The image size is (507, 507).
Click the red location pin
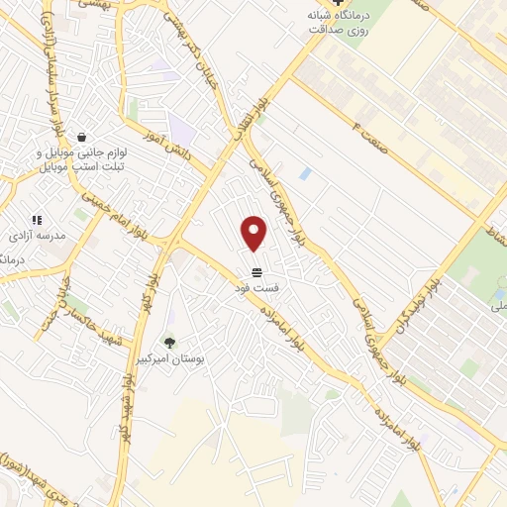pyautogui.click(x=254, y=233)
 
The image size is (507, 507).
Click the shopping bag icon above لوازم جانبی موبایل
pyautogui.click(x=80, y=137)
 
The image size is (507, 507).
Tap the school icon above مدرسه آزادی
pyautogui.click(x=37, y=220)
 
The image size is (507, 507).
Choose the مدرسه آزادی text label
pyautogui.click(x=37, y=238)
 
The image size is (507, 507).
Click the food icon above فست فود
pyautogui.click(x=256, y=272)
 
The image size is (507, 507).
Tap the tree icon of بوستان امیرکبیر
pyautogui.click(x=170, y=343)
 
